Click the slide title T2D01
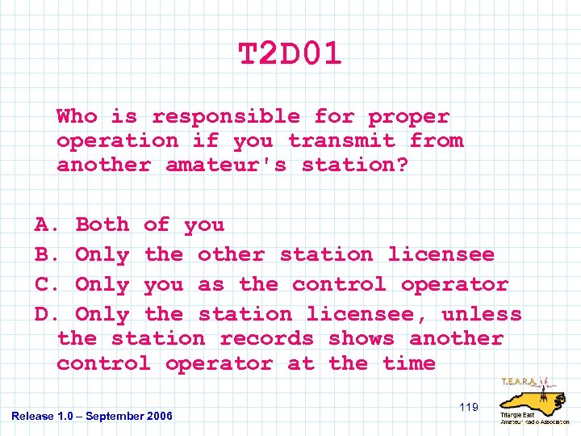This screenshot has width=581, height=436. pos(290,54)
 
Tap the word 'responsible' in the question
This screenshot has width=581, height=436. pos(225,117)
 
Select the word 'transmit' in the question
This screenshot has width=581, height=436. pos(341,140)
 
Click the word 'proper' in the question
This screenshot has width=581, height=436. pos(408,117)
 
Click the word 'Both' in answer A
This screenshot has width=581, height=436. pos(102,224)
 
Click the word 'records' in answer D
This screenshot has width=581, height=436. pos(266,338)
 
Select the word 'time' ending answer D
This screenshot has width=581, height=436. pos(409,363)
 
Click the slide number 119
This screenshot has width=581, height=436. pos(469,408)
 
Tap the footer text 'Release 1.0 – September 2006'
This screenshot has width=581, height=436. pos(92,416)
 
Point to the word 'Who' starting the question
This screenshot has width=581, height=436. pos(77,117)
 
